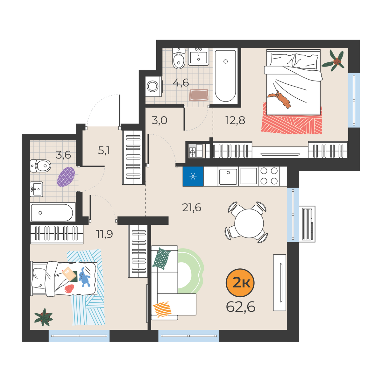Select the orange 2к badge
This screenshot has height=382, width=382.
click(x=240, y=283)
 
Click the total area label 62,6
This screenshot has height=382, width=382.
click(x=240, y=307)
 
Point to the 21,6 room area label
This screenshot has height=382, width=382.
click(x=192, y=208)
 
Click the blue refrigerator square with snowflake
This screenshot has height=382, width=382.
click(x=193, y=176)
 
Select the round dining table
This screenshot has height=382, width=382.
click(x=249, y=223)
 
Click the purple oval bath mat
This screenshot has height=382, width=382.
click(x=66, y=177)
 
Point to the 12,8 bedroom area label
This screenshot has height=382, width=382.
click(x=235, y=120)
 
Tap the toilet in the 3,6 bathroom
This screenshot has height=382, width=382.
click(x=40, y=166)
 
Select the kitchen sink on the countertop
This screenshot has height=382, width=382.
click(x=228, y=177)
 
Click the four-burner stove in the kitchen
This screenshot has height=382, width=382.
click(x=269, y=176)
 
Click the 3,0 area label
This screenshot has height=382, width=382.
click(x=159, y=120)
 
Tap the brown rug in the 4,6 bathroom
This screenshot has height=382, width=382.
click(x=199, y=95)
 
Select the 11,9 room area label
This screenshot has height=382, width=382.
click(x=104, y=234)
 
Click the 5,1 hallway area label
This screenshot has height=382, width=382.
click(x=104, y=151)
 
